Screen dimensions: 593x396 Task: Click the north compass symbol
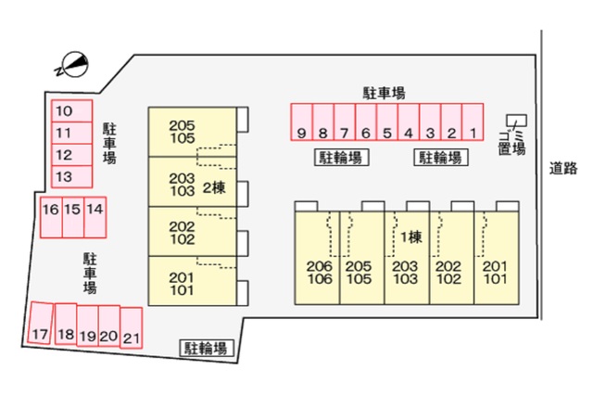(x=73, y=65)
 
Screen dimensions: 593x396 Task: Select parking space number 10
(x=72, y=111)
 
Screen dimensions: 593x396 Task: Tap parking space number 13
(x=72, y=177)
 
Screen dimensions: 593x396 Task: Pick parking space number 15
(x=73, y=217)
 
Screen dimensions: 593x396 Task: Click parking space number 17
(x=40, y=323)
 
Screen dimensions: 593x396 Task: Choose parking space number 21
(x=132, y=328)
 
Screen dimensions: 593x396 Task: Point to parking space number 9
(x=301, y=121)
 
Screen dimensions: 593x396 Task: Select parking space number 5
(x=387, y=121)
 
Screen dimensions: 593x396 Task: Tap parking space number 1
(x=473, y=121)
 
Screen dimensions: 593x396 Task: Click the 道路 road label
(x=563, y=168)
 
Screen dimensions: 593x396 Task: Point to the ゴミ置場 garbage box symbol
(x=517, y=121)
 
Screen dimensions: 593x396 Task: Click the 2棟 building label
(x=214, y=187)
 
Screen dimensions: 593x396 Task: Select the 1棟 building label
(x=411, y=237)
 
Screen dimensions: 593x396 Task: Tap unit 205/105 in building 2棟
(x=193, y=132)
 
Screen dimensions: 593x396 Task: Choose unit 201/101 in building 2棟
(x=193, y=281)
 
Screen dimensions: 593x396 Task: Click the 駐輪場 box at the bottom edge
(x=206, y=348)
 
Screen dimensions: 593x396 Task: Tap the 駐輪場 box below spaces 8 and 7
(x=342, y=158)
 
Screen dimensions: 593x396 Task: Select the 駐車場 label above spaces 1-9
(x=385, y=93)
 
